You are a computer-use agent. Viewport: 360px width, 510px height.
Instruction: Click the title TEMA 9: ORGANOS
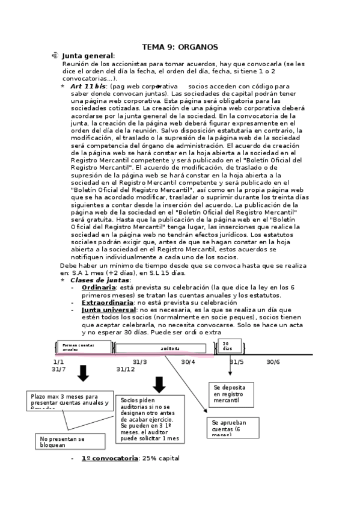tap(180, 47)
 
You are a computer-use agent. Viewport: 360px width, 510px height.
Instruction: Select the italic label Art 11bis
tap(89, 86)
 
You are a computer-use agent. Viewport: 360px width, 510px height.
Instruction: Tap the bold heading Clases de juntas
tap(99, 280)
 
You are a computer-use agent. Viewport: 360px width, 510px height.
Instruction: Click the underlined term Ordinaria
tap(99, 287)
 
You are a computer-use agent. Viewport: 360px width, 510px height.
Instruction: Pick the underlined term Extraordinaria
tap(108, 303)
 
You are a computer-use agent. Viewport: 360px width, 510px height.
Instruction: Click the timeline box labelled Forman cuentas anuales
tap(86, 348)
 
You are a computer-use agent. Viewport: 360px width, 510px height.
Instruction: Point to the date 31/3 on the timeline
tap(139, 361)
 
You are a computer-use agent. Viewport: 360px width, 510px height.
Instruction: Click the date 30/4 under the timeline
tap(188, 361)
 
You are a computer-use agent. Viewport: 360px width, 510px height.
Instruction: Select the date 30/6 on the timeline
tap(273, 361)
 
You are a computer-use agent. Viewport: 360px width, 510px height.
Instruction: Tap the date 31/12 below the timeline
tap(126, 369)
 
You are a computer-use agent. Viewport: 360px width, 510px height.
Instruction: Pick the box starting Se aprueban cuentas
tap(229, 426)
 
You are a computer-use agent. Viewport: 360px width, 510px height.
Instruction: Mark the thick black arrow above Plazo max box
tap(83, 375)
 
